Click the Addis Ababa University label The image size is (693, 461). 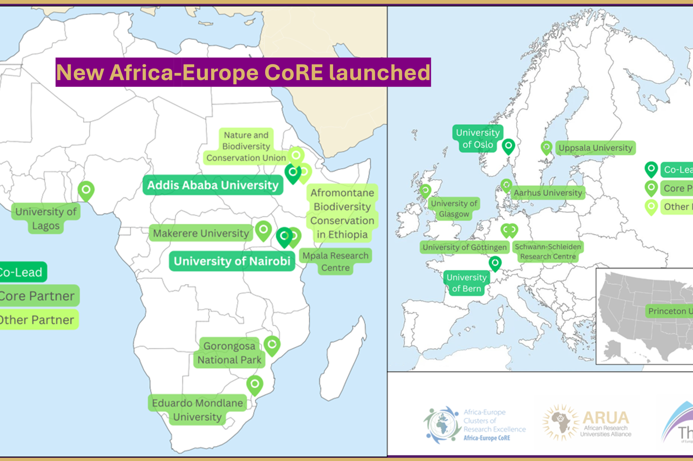[213, 185]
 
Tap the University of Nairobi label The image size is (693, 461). [232, 261]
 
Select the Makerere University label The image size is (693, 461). [201, 233]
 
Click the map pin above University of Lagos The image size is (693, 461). [86, 190]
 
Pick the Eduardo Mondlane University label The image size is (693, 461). [197, 410]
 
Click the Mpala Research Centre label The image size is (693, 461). [335, 261]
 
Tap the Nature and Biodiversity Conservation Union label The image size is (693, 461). [246, 146]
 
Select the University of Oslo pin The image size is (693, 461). [508, 146]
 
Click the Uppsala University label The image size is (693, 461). [595, 148]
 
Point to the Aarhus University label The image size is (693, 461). [548, 193]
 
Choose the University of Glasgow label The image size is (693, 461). [454, 208]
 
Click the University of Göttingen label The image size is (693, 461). [464, 247]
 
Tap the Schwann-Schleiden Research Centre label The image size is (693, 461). [548, 251]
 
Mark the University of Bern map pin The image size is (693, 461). [495, 263]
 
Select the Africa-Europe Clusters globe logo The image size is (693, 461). [442, 425]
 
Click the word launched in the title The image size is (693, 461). [379, 72]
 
